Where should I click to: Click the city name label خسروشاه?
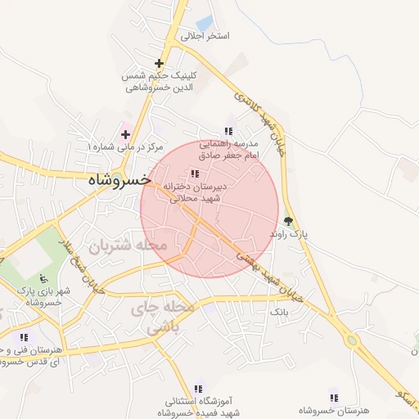pos(119,178)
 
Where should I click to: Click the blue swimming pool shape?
pos(205,23)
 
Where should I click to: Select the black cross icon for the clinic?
pos(159,63)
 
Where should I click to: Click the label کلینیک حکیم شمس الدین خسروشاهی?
pos(158,81)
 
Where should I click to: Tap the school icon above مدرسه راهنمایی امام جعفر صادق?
pos(228,131)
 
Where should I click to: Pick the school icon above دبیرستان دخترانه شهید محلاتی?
pos(194,173)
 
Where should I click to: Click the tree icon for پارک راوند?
pos(288,220)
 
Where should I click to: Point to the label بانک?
pos(279,313)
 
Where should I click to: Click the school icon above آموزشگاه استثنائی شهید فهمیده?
pos(197,389)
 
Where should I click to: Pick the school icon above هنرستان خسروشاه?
pos(333,397)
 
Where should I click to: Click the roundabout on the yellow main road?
pos(353,340)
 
